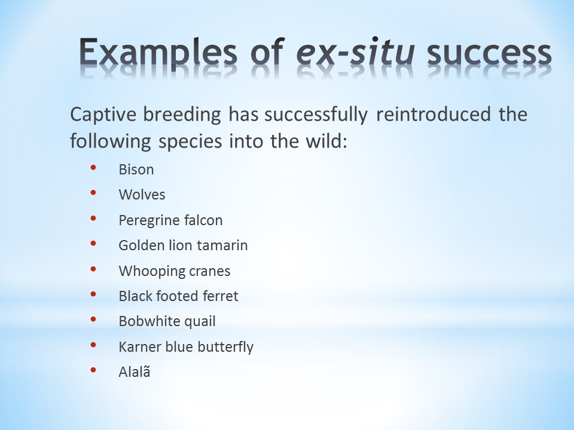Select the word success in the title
tap(489, 53)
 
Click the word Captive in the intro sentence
tap(103, 114)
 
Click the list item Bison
tap(136, 170)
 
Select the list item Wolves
tap(142, 195)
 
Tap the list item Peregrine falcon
tap(170, 220)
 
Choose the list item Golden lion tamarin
tap(183, 245)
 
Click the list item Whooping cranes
tap(175, 271)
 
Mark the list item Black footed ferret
tap(179, 296)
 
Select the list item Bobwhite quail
tap(167, 321)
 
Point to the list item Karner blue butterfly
tap(186, 347)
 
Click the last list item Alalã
tap(135, 372)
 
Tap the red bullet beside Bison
tap(93, 167)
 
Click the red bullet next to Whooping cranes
tap(93, 269)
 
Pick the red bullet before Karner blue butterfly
tap(93, 345)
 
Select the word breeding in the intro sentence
tap(182, 115)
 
